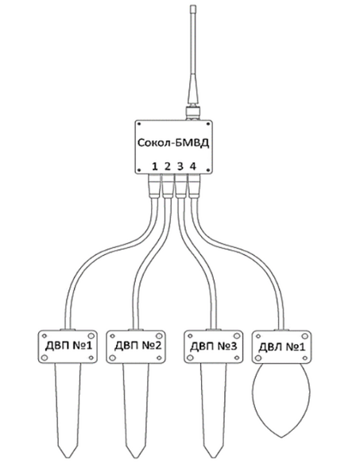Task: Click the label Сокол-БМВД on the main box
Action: pos(173,143)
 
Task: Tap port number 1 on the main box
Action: pos(155,166)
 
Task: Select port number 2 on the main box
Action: pos(168,166)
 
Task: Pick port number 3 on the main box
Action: pos(180,166)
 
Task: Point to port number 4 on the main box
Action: pos(193,166)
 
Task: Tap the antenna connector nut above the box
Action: pos(193,114)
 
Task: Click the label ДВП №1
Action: pos(68,346)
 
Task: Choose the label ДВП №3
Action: pos(214,346)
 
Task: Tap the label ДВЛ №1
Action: pos(281,346)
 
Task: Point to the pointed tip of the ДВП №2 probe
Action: pos(135,458)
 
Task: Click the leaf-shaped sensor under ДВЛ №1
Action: pos(281,400)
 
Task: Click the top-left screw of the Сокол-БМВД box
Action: pos(139,124)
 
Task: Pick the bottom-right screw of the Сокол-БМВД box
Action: pos(208,170)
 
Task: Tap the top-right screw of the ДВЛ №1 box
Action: pos(304,336)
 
